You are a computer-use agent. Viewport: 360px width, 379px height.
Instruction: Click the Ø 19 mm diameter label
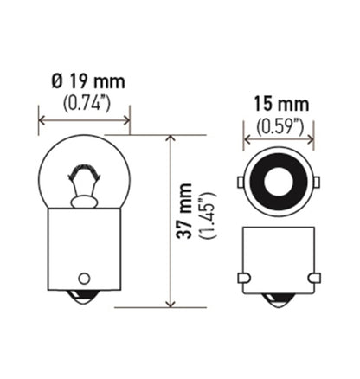(87, 82)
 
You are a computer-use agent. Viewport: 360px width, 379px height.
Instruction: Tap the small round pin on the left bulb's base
(84, 278)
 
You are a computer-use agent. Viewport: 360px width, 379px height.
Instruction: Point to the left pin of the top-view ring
(240, 183)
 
